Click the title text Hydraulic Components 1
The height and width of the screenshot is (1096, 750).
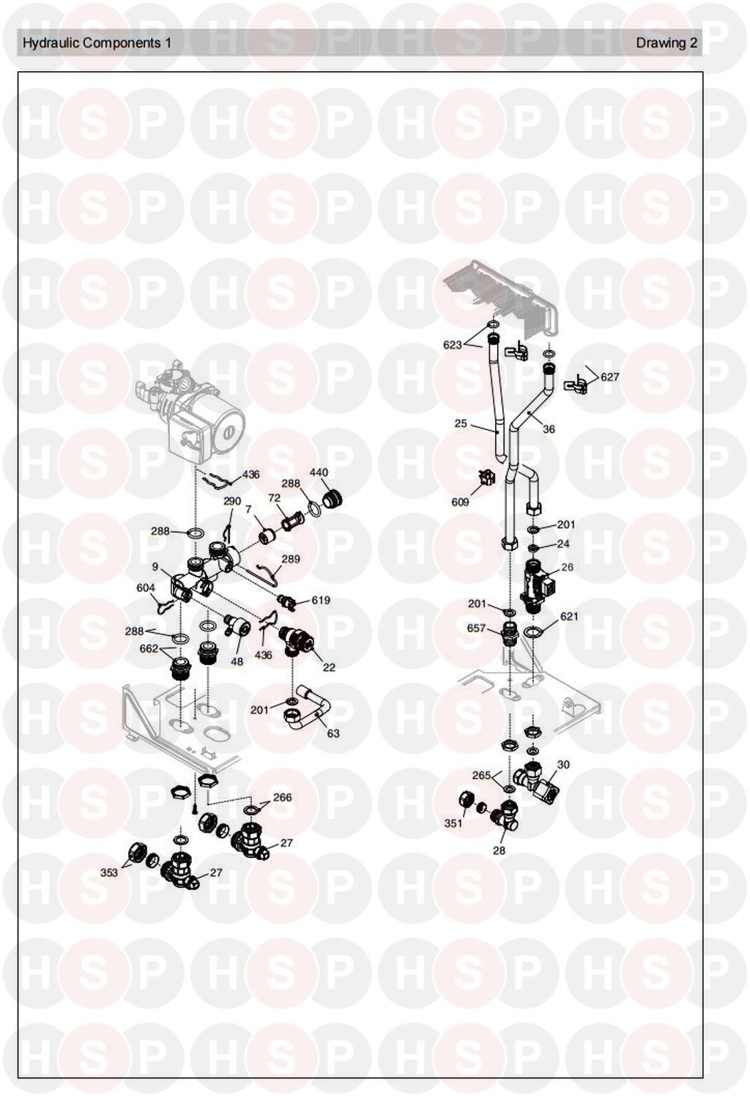pyautogui.click(x=97, y=43)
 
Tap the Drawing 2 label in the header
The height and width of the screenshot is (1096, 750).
pyautogui.click(x=667, y=43)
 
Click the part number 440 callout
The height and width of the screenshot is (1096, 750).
pyautogui.click(x=319, y=473)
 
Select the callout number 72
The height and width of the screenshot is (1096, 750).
pyautogui.click(x=275, y=498)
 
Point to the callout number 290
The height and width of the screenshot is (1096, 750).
pyautogui.click(x=232, y=502)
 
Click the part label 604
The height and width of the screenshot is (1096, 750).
pyautogui.click(x=146, y=588)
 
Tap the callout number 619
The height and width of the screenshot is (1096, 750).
pyautogui.click(x=321, y=600)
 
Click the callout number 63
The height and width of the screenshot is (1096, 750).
pyautogui.click(x=333, y=733)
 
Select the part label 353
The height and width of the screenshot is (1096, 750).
pyautogui.click(x=108, y=873)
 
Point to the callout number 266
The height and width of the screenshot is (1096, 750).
pyautogui.click(x=282, y=797)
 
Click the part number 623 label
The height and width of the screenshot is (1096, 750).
pyautogui.click(x=453, y=345)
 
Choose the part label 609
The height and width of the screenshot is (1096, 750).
pyautogui.click(x=460, y=502)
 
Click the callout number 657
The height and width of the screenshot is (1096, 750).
pyautogui.click(x=477, y=628)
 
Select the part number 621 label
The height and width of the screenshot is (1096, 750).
pyautogui.click(x=569, y=617)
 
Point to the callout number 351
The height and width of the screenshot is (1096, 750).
pyautogui.click(x=453, y=823)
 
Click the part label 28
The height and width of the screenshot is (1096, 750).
pyautogui.click(x=499, y=851)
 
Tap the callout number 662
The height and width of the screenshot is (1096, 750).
pyautogui.click(x=149, y=648)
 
